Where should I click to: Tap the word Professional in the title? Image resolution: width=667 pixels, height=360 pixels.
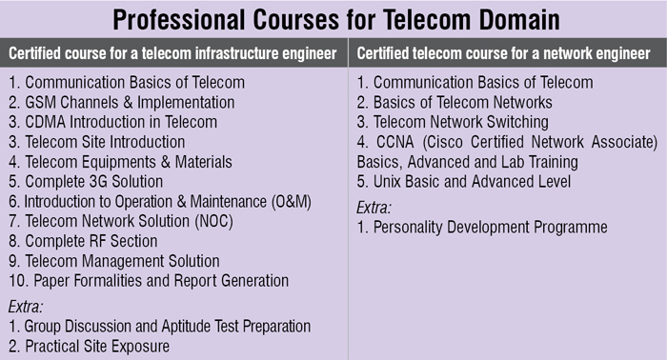point(179,20)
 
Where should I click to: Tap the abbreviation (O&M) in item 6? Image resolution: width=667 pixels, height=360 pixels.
point(292,202)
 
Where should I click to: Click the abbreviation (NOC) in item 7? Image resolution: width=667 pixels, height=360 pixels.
point(214,222)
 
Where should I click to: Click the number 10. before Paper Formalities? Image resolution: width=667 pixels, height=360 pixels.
point(18,281)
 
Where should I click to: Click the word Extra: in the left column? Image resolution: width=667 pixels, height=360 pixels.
point(26,307)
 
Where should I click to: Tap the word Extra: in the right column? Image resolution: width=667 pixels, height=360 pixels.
point(374,208)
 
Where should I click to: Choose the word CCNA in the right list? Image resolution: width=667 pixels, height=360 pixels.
point(394,142)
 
